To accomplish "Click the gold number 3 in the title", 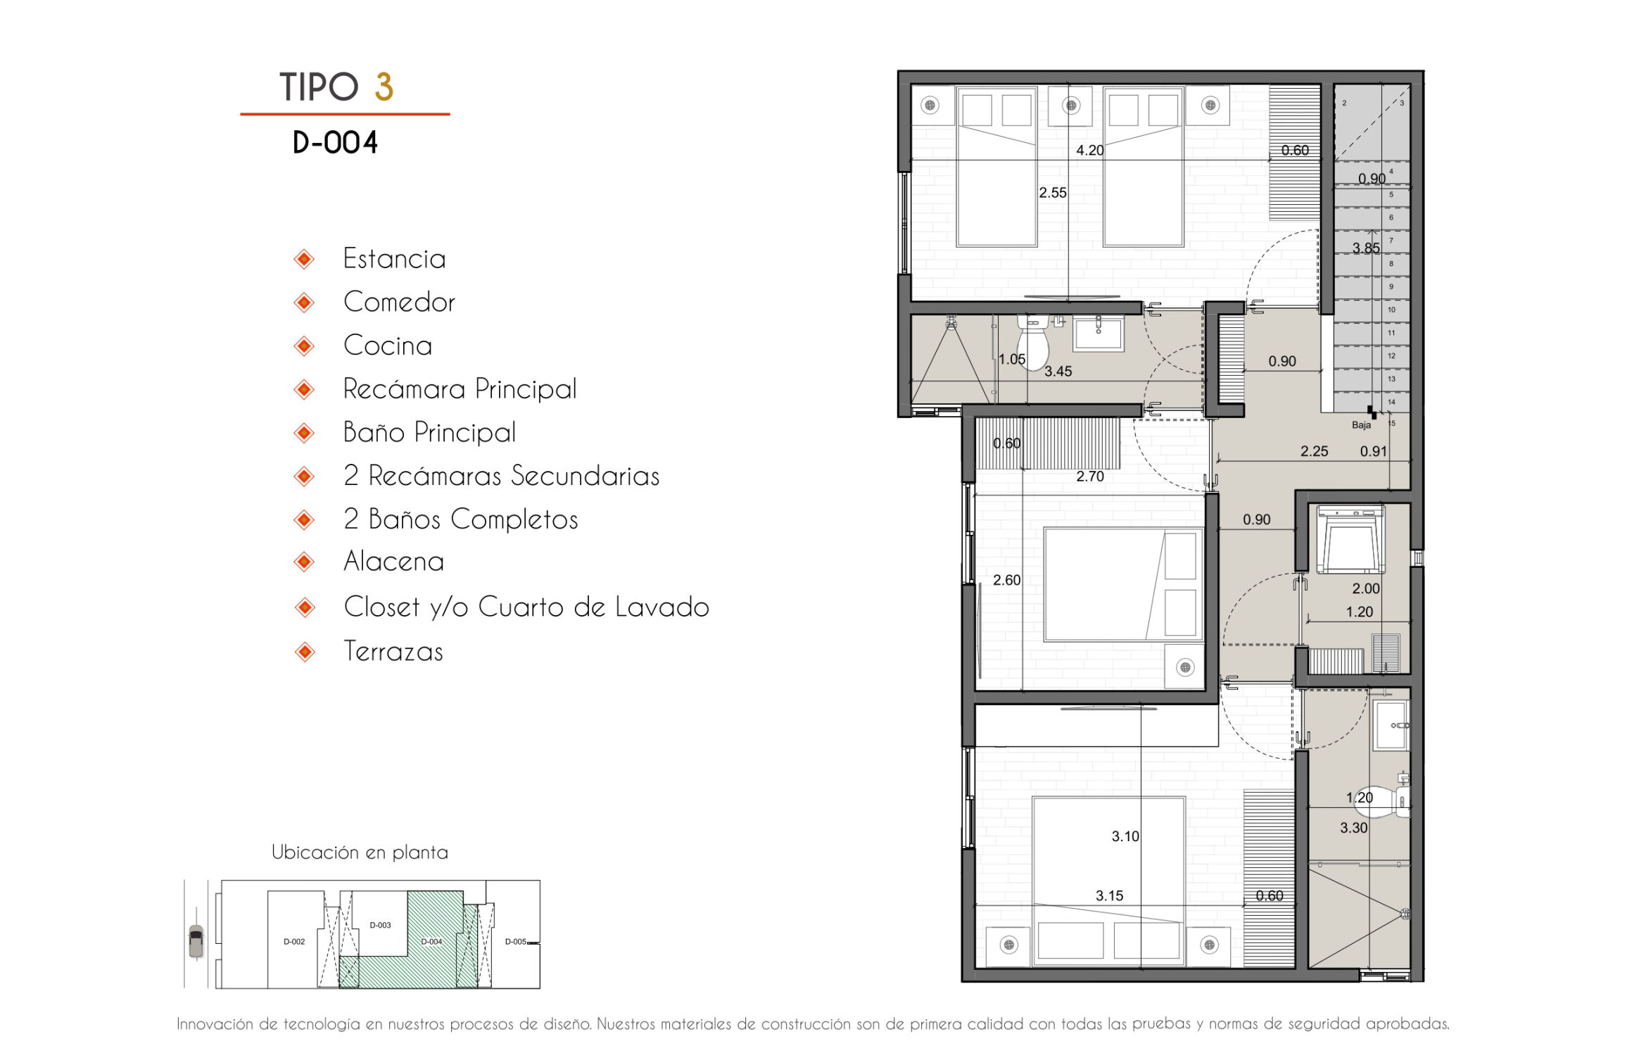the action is tap(384, 87).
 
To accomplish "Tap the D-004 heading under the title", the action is tap(335, 143).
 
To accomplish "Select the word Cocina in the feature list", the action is tap(387, 346).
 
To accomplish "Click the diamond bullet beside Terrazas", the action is tap(305, 652).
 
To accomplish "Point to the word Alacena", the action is tap(393, 562).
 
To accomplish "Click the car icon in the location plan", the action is tap(196, 941).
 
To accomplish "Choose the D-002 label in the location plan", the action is tap(294, 942).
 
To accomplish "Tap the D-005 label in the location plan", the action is tap(516, 942).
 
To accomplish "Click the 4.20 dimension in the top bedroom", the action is tap(1090, 151).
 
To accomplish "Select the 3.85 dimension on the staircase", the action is tap(1366, 248).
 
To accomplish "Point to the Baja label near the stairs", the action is tap(1361, 425).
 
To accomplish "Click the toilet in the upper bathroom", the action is tap(1033, 342).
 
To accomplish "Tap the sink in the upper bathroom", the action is tap(1098, 334).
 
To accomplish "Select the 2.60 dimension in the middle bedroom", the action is tap(1006, 581).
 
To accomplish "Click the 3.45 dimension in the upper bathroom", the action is tap(1058, 372).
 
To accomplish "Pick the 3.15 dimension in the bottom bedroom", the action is tap(1109, 896).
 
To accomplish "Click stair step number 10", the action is tap(1391, 310).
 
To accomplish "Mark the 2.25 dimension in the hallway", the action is tap(1314, 452).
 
